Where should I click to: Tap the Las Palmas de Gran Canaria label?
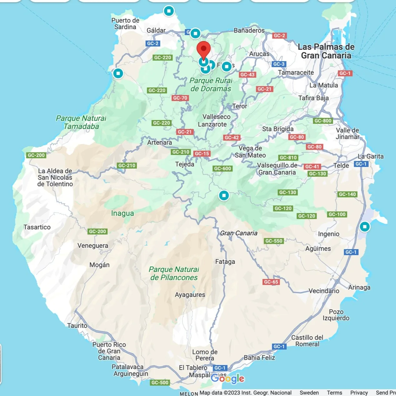point(326,51)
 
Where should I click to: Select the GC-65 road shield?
point(271,282)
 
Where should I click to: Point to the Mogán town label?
point(99,265)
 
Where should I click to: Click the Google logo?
point(228,378)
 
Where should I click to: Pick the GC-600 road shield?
point(223,169)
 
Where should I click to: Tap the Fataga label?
point(225,262)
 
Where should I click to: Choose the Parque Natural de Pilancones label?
point(174,273)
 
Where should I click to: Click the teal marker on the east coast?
point(364,227)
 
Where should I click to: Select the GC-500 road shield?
point(160,383)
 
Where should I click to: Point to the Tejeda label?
point(184,164)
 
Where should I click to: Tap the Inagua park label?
point(123,213)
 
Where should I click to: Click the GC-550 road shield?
point(274,241)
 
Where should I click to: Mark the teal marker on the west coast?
point(118,73)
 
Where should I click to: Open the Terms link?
point(334,393)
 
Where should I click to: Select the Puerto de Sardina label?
point(125,24)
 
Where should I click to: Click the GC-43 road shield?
point(248,75)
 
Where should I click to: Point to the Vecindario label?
point(324,291)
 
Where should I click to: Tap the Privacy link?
point(359,393)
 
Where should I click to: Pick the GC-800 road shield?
point(323,121)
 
